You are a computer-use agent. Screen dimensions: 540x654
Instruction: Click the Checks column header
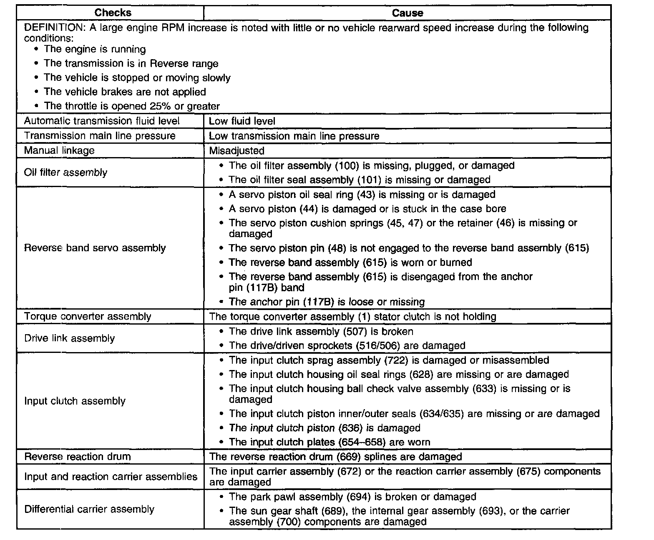(113, 13)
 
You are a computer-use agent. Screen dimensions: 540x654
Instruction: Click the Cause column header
(407, 13)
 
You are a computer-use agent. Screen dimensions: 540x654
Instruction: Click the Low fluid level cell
(242, 121)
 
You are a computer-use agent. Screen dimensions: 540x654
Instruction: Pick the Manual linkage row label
(59, 150)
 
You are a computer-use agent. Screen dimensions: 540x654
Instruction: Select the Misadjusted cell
(236, 150)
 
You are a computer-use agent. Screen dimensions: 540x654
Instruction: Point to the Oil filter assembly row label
(65, 172)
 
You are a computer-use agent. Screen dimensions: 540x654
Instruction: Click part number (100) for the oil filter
(347, 165)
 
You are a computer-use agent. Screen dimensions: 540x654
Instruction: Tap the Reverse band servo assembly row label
(95, 248)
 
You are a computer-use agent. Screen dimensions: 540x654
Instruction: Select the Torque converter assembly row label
(88, 316)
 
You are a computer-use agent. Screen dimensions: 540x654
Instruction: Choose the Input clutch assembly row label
(75, 401)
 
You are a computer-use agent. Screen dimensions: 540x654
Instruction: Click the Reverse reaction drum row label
(78, 456)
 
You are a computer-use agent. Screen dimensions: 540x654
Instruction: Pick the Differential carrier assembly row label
(90, 509)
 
